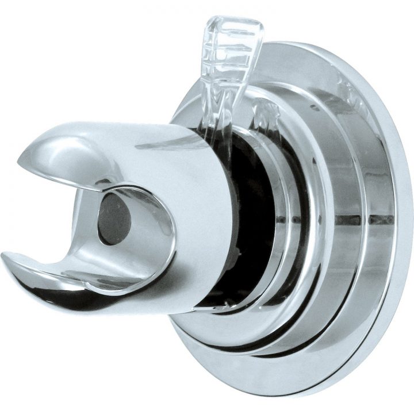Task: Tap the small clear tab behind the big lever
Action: (x=266, y=112)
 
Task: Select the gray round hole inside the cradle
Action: (x=115, y=219)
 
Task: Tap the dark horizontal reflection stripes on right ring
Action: (x=368, y=219)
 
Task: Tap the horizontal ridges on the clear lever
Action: (x=227, y=52)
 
